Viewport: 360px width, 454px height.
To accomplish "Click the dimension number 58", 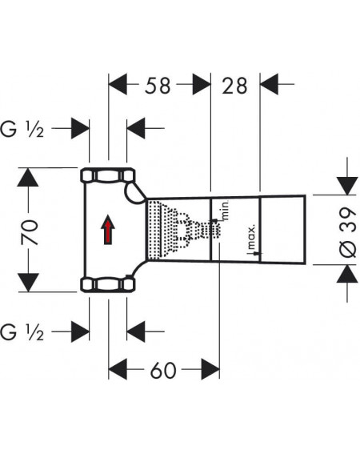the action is click(158, 86).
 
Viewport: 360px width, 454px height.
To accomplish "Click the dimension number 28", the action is click(234, 86).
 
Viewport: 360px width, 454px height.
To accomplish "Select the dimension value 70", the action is click(29, 232).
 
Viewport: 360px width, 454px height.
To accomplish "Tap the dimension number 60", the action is click(163, 370).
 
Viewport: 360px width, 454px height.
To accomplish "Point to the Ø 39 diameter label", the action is click(347, 232).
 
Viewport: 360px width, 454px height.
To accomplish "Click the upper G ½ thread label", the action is click(22, 129).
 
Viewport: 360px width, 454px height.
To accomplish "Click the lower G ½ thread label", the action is click(22, 332).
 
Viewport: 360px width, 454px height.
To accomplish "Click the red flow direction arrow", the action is click(108, 230).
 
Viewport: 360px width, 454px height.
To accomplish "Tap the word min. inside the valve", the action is click(225, 210).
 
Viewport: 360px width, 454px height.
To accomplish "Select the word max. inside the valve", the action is click(251, 237).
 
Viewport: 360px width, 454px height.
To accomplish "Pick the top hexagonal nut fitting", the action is click(108, 175).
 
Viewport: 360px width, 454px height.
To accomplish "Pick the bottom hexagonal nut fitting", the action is click(108, 284).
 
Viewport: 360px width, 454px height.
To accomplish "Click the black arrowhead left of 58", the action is click(118, 84).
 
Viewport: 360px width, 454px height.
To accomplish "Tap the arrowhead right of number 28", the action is click(270, 84).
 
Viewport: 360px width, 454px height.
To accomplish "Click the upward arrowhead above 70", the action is click(28, 177).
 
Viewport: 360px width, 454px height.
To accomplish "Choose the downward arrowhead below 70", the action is click(28, 283).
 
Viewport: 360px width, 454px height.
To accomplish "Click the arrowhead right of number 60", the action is click(210, 369).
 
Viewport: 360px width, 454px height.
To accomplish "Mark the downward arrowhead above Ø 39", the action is click(347, 186).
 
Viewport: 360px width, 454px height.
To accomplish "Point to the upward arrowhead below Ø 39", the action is click(347, 274).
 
